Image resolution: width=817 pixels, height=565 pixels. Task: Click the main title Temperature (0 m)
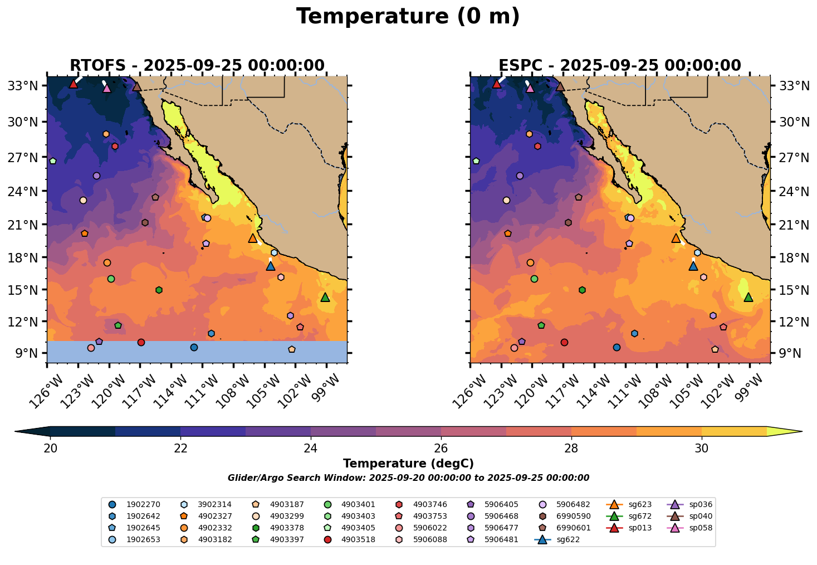408,17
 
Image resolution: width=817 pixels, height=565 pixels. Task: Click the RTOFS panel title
197,66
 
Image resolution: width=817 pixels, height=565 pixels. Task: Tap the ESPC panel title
620,66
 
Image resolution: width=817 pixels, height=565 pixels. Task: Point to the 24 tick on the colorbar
311,448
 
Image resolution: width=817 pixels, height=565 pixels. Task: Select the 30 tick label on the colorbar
702,449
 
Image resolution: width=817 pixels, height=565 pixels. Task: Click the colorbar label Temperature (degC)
408,464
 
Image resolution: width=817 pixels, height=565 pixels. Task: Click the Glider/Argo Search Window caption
408,478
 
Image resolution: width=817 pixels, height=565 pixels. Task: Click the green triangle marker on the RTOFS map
325,298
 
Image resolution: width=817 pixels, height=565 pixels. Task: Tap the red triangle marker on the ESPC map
497,84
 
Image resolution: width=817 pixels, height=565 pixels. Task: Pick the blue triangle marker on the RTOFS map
271,266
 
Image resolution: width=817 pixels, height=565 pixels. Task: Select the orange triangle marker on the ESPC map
676,238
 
